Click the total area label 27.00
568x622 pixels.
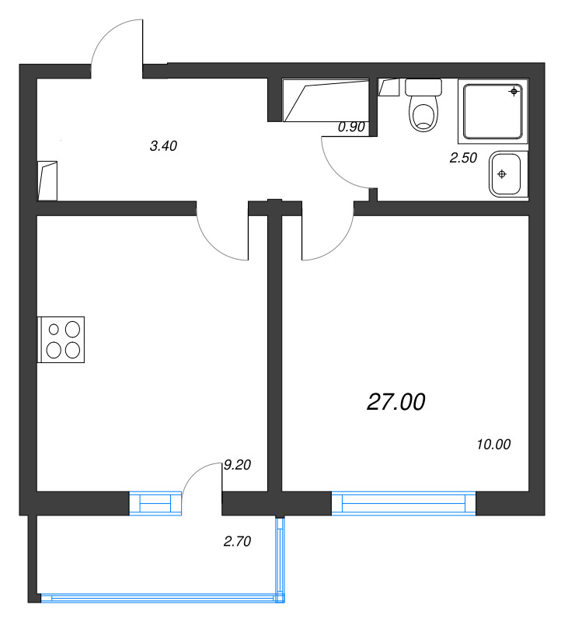(396, 402)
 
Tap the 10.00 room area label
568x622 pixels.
(492, 445)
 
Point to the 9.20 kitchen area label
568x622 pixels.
(237, 465)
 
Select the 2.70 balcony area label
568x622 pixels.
(236, 543)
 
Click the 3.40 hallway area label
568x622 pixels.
(164, 145)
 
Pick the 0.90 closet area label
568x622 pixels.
(351, 128)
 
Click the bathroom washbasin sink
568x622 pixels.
(507, 173)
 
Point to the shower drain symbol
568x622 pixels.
(514, 93)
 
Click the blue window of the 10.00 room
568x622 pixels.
(403, 503)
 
